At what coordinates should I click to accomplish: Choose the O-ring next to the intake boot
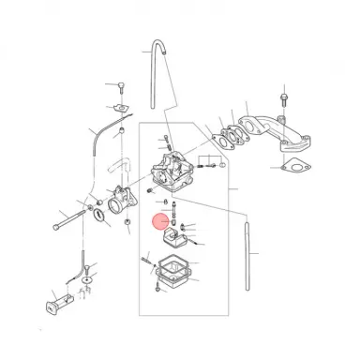(97, 218)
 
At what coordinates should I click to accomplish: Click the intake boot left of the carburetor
(121, 203)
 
